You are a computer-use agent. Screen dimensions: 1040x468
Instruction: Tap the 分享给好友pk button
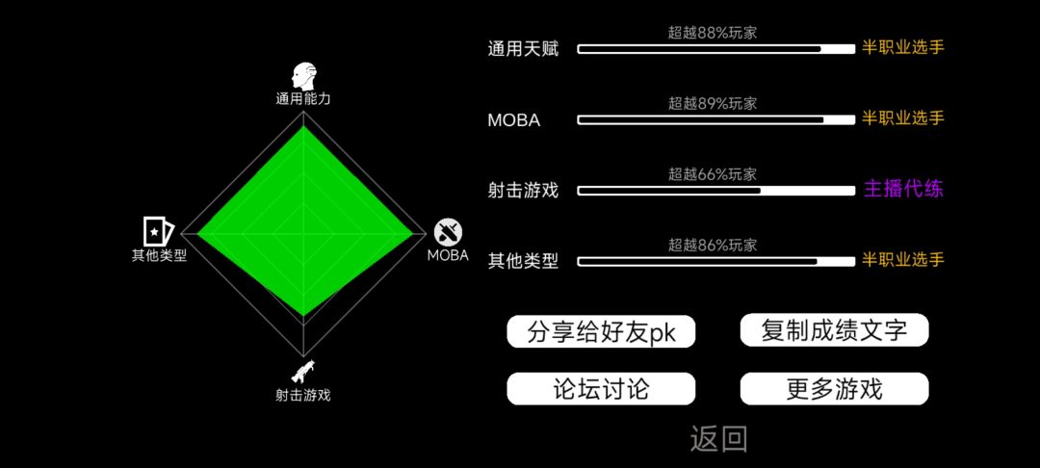601,331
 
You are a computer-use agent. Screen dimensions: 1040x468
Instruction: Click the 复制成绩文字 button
834,329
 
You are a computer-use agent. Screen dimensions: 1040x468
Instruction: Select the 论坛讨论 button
601,388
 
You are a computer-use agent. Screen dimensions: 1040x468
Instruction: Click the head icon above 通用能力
303,77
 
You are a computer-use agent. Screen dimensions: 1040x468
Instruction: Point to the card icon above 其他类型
159,231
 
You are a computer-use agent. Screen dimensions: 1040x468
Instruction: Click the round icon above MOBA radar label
449,233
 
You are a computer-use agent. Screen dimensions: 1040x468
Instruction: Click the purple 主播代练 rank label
902,190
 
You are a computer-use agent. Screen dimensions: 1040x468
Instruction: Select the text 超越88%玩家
713,33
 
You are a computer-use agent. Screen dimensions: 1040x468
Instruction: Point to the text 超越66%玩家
713,174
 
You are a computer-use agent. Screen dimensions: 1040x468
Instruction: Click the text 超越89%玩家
713,103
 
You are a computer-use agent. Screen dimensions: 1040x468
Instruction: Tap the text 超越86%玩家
713,246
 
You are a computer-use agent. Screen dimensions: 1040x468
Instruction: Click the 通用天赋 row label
523,48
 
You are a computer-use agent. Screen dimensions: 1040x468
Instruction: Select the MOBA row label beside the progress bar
513,120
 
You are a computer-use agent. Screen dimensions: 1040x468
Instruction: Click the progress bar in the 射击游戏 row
716,191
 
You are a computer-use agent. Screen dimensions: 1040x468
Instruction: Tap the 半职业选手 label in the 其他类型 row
902,260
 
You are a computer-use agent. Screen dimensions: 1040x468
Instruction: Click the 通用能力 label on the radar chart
303,99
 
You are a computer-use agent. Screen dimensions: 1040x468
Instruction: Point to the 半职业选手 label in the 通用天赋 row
902,47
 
